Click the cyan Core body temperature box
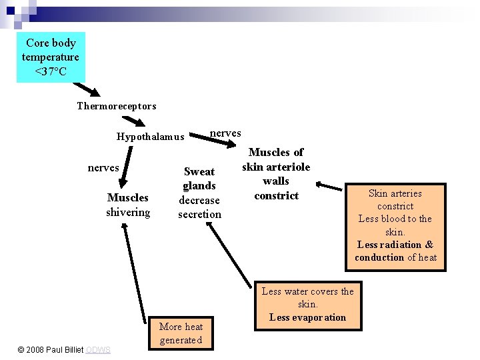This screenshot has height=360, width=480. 51,57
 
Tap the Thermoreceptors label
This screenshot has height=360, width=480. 116,106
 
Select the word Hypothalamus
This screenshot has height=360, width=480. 150,137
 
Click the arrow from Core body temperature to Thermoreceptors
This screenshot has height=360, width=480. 87,89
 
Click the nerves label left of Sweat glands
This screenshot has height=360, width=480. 103,168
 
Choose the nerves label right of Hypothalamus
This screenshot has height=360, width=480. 225,133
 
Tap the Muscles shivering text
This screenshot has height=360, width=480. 128,205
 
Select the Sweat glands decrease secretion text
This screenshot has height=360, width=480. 199,193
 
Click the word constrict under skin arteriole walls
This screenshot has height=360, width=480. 276,195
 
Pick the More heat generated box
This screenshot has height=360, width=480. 181,333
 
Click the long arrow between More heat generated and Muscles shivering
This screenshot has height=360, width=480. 134,273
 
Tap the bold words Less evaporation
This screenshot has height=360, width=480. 307,317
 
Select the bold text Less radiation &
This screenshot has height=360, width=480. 395,245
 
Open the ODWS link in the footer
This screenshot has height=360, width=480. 98,350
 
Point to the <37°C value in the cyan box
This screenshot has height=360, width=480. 51,71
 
